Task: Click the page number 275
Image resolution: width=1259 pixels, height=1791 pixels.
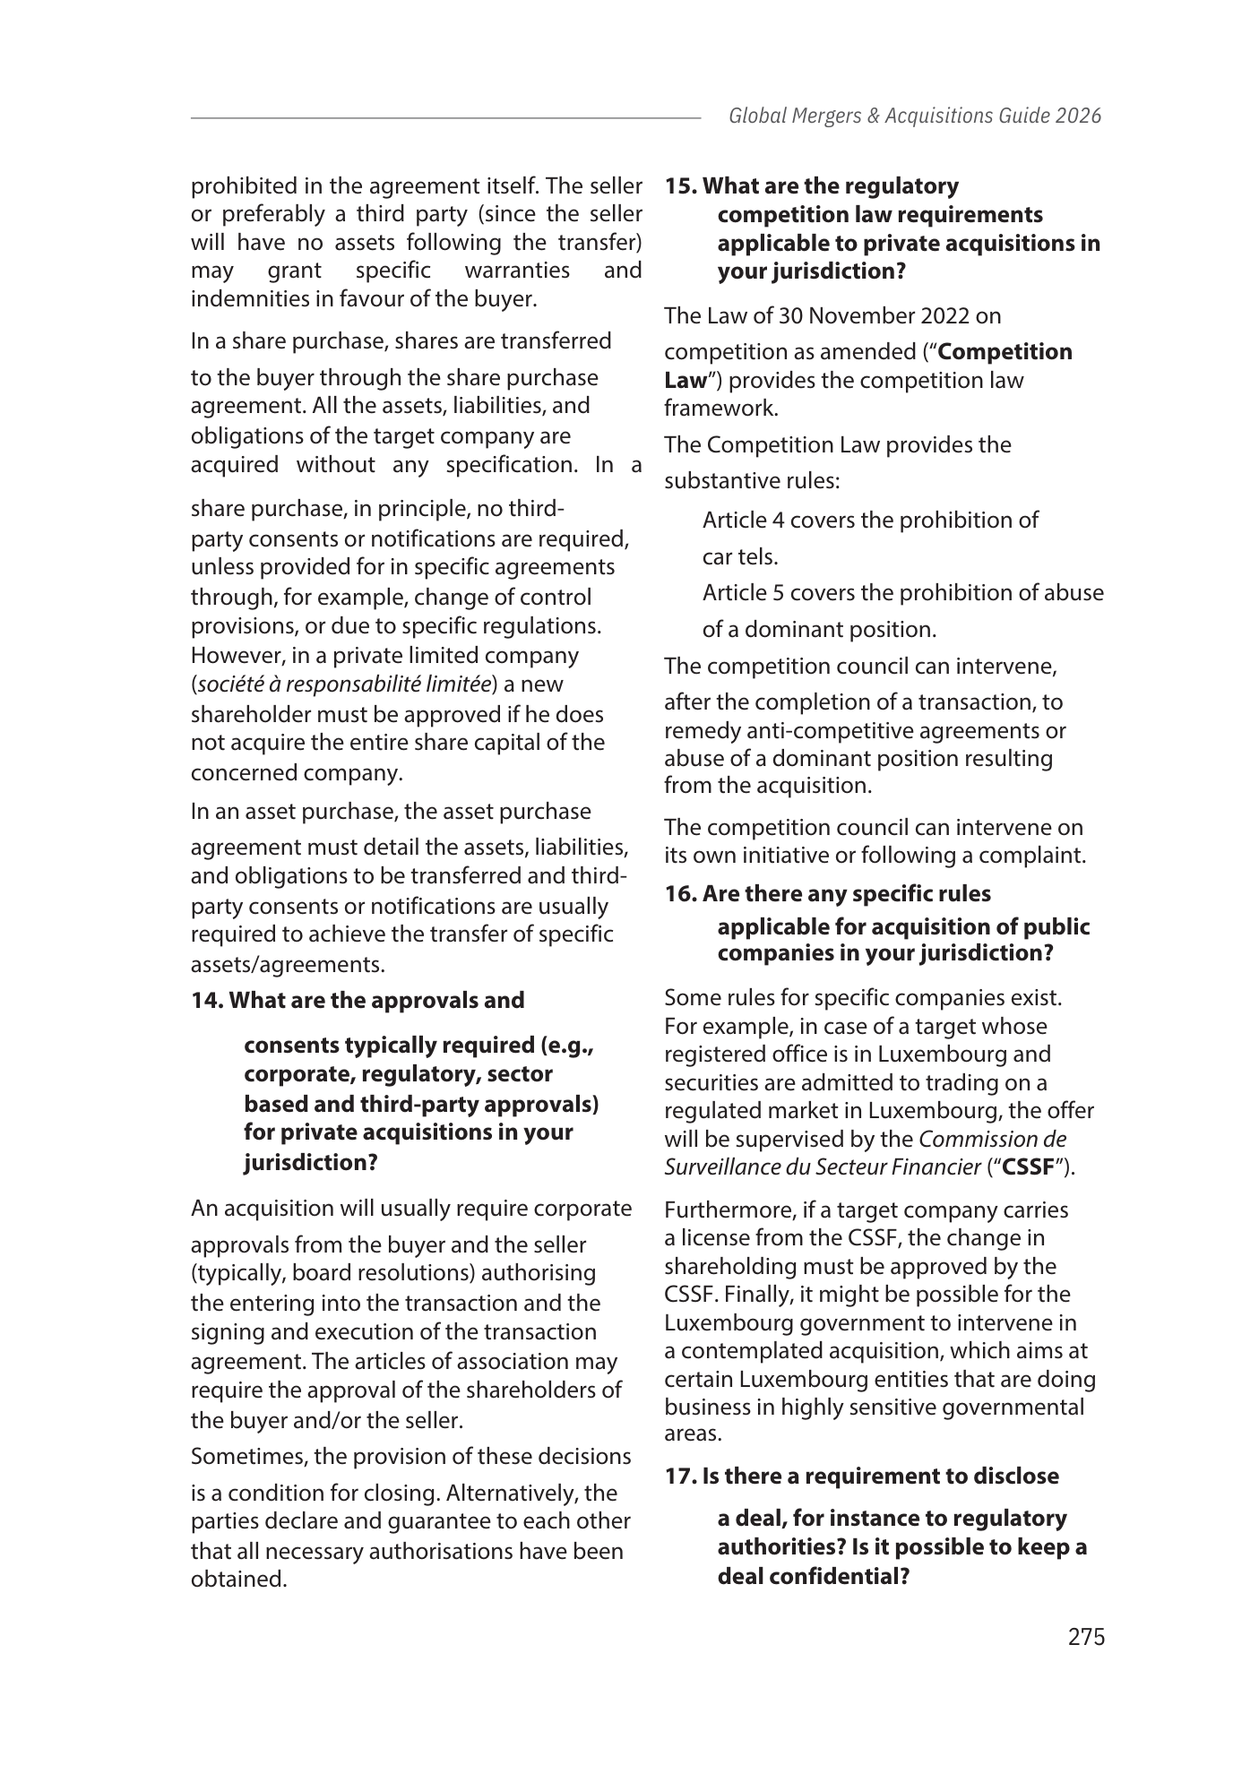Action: pyautogui.click(x=1086, y=1637)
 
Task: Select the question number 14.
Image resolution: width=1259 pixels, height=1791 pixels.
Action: pyautogui.click(x=206, y=1000)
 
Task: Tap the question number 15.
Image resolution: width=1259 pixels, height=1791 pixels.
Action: pyautogui.click(x=679, y=186)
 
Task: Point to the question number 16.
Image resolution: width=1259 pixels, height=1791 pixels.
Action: pyautogui.click(x=679, y=894)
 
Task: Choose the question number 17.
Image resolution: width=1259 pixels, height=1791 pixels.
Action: pyautogui.click(x=679, y=1476)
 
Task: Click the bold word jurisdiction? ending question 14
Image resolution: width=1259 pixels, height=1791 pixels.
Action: pyautogui.click(x=310, y=1163)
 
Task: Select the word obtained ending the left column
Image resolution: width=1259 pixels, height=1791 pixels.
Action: pyautogui.click(x=238, y=1579)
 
